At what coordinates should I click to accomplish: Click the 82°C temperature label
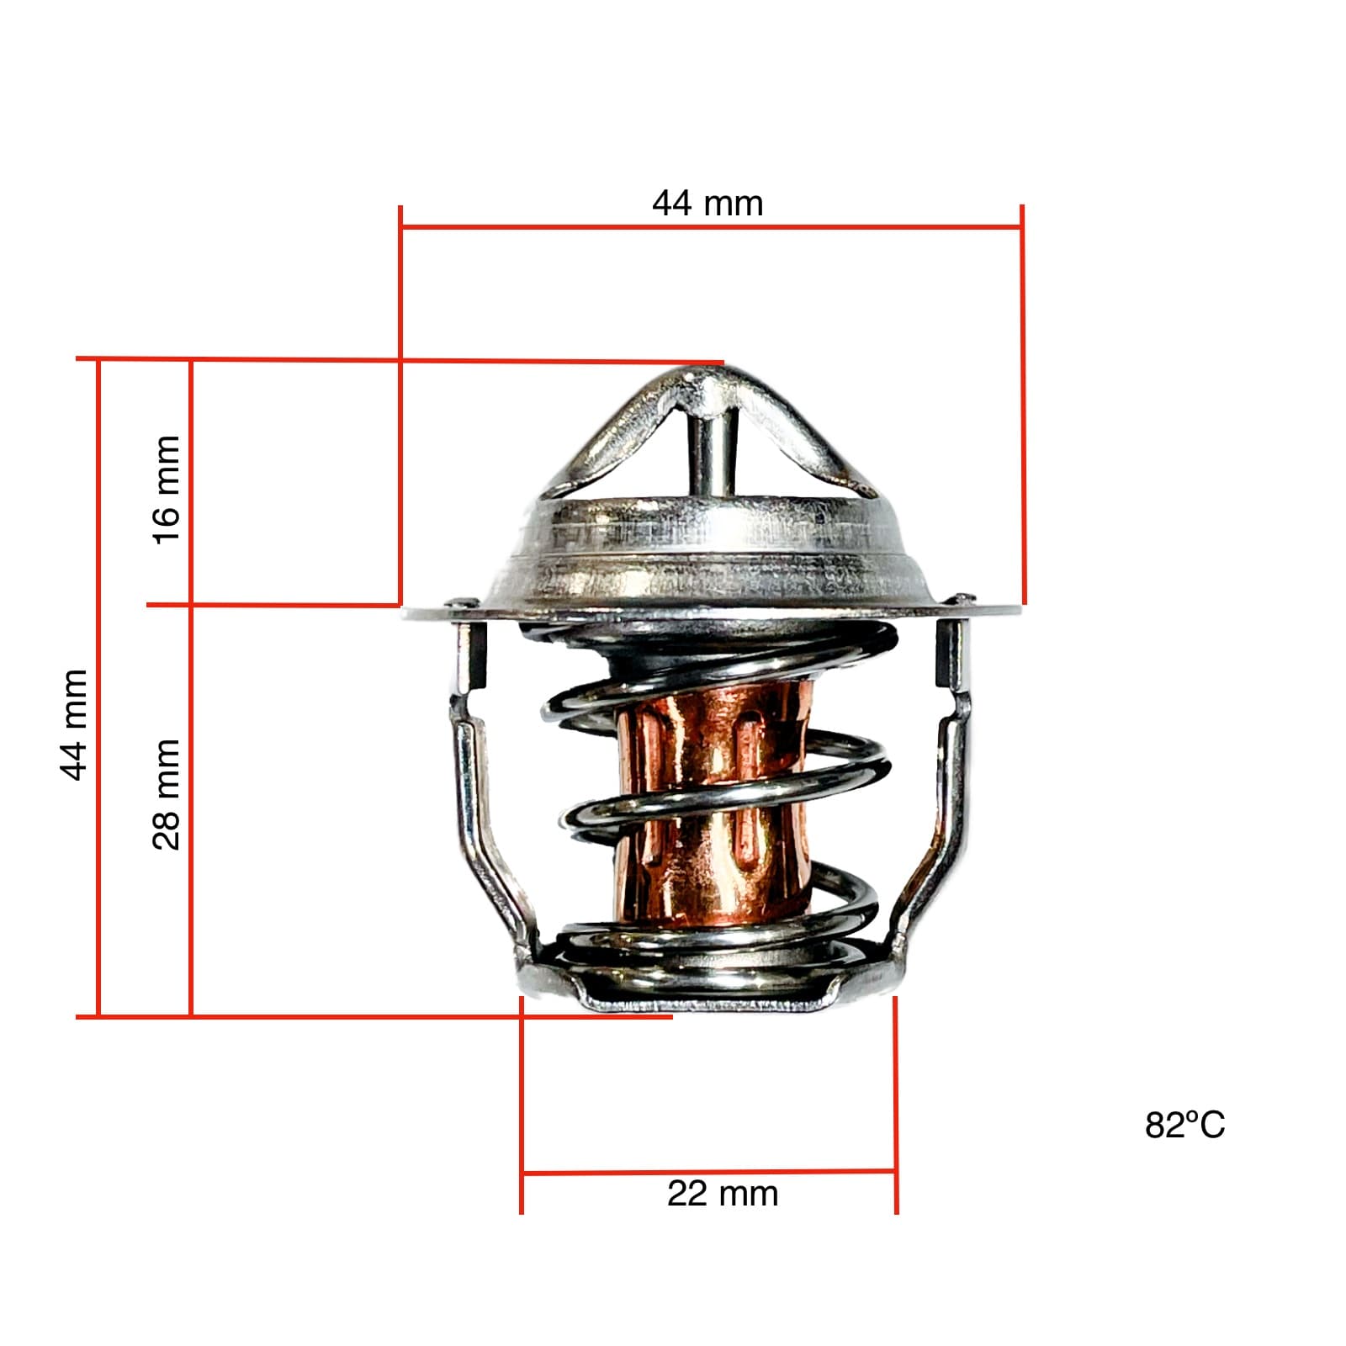(1184, 1125)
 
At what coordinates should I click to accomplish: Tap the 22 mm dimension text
(723, 1194)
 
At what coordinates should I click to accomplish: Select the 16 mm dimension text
(167, 490)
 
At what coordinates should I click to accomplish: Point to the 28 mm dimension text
(167, 794)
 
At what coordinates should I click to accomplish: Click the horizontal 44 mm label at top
(707, 204)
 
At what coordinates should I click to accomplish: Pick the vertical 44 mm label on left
(75, 724)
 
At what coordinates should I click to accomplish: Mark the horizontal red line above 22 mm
(708, 1171)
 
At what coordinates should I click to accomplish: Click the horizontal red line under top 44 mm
(712, 227)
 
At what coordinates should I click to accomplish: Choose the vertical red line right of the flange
(1023, 404)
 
